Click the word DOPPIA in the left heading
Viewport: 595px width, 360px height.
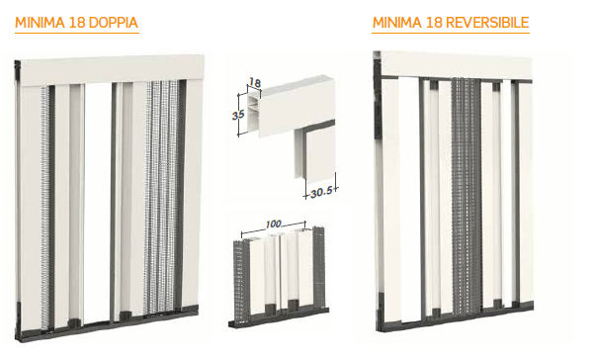[113, 23]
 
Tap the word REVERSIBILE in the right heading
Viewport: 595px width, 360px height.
[487, 23]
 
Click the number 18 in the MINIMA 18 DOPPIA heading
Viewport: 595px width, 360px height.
[77, 23]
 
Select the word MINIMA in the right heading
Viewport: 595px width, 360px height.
[397, 23]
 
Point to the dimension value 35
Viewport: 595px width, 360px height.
[238, 115]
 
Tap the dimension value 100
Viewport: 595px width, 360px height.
[273, 225]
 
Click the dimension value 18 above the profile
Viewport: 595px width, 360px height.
[255, 82]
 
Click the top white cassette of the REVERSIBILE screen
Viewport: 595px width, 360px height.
[457, 65]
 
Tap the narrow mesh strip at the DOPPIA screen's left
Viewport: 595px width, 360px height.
[45, 207]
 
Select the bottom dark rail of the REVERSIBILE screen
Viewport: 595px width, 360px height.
[456, 315]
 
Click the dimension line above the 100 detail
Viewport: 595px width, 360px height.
[273, 227]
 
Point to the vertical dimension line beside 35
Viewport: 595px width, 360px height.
[239, 115]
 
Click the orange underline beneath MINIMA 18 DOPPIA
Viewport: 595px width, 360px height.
[77, 33]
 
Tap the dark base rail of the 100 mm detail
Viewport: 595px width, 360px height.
[279, 318]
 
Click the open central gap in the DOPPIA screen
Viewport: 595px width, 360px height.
[98, 203]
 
